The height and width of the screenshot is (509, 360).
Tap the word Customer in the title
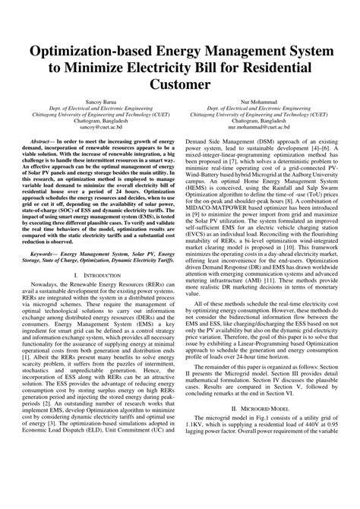tap(180, 84)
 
